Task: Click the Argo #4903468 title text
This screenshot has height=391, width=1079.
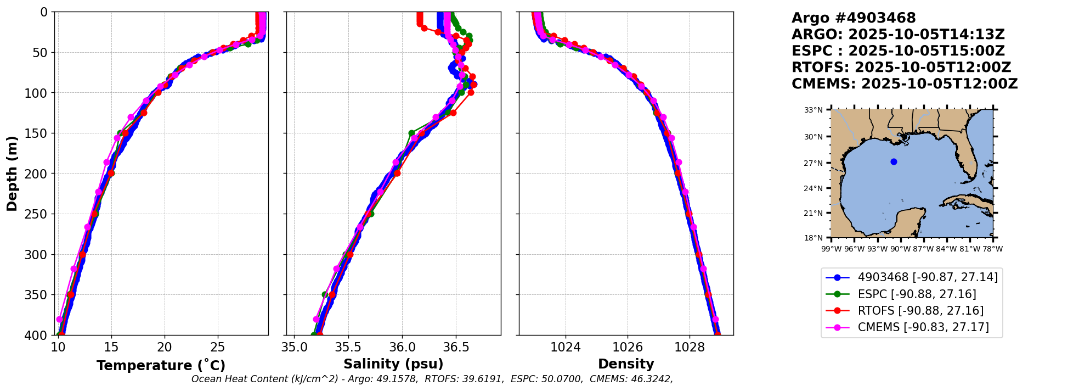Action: point(854,18)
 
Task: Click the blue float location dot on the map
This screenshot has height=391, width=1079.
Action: point(894,161)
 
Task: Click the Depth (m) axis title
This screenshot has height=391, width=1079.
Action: point(12,174)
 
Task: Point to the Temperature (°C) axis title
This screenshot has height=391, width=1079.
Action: point(161,366)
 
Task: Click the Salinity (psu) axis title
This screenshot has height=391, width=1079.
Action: point(393,364)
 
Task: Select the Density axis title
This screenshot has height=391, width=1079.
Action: point(626,364)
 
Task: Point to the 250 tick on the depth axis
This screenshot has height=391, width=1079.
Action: point(41,214)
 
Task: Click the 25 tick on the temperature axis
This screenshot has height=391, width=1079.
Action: point(218,347)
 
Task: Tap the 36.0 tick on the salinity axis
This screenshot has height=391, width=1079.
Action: point(402,347)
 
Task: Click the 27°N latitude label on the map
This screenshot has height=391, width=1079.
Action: point(814,163)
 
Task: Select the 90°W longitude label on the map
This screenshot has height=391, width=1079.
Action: point(900,249)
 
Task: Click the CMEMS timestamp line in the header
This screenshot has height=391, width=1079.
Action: point(905,84)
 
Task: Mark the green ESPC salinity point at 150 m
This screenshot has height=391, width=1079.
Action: point(411,133)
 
